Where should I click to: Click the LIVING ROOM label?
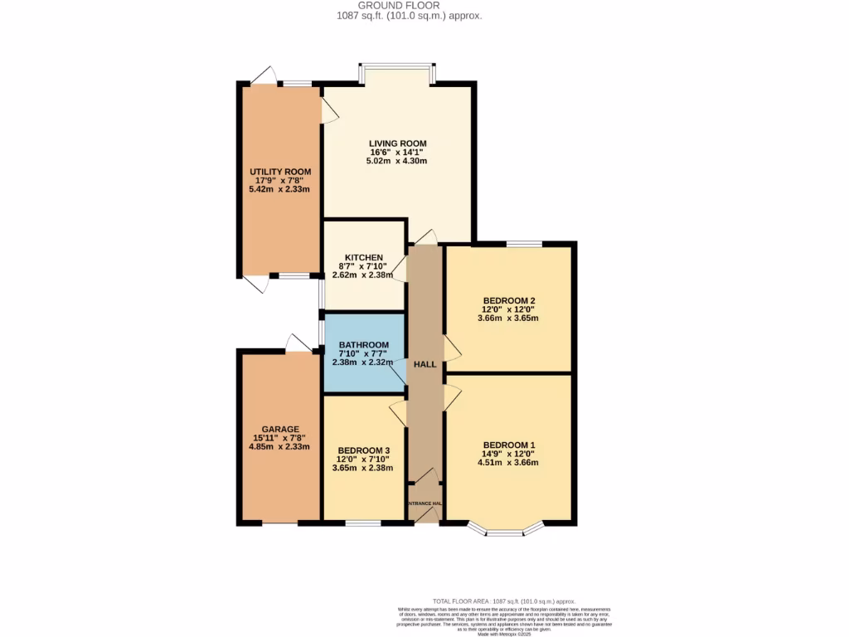(398, 143)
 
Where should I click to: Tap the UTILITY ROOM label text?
(280, 172)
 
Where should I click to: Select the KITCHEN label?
(364, 257)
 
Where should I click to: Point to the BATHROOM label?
(364, 345)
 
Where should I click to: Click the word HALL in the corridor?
(424, 363)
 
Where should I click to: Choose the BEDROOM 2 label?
(509, 300)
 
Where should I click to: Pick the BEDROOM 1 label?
(509, 444)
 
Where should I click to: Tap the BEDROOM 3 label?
(363, 450)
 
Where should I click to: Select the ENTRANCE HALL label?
(424, 503)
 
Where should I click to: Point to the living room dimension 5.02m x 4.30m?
(398, 161)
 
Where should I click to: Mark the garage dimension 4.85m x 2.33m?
(279, 446)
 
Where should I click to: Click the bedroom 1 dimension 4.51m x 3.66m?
(509, 462)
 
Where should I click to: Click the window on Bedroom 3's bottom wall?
(363, 523)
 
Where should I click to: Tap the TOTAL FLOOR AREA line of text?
(504, 601)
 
